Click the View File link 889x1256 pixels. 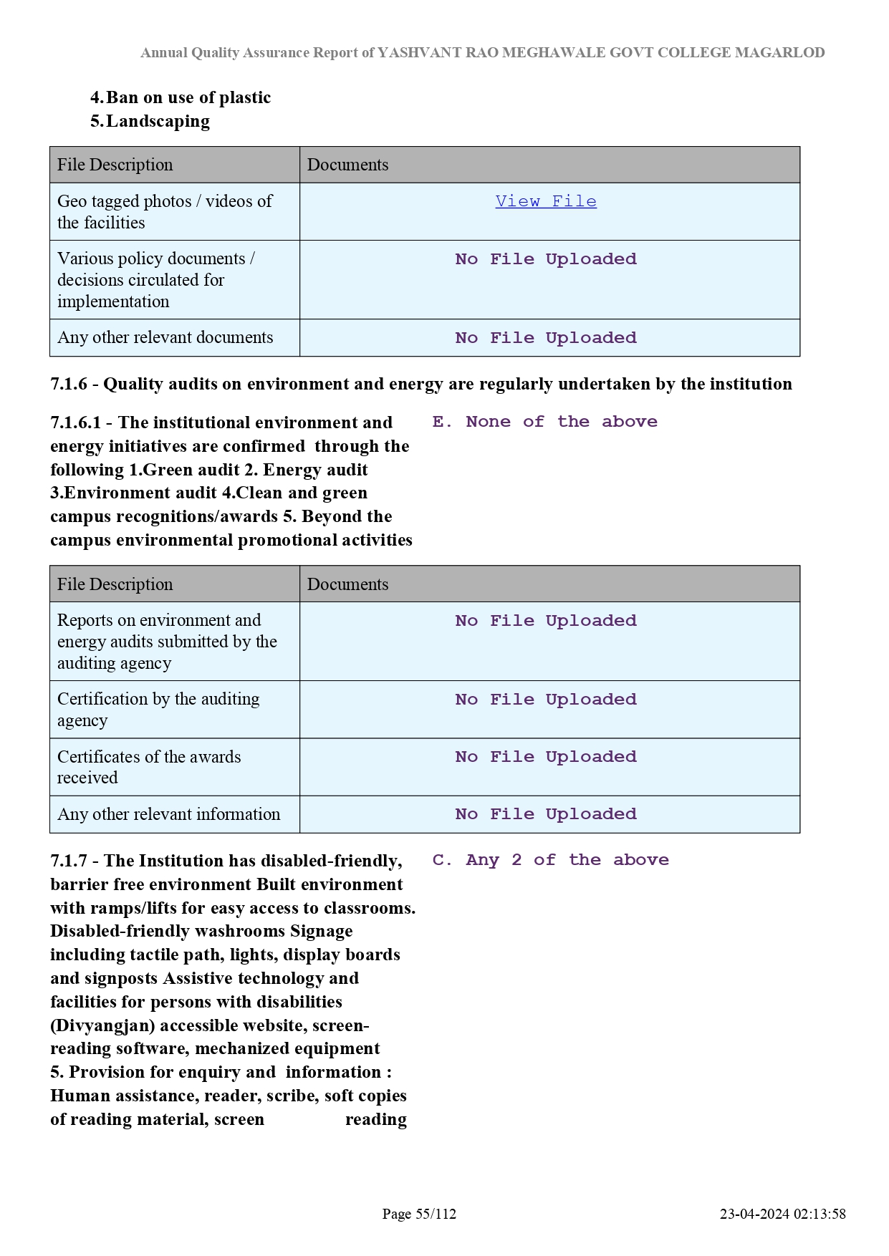coord(545,201)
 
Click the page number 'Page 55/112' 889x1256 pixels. coord(419,1214)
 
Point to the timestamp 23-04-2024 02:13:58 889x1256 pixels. coord(782,1214)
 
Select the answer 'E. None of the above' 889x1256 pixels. coord(544,422)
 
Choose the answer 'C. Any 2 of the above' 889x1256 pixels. coord(550,860)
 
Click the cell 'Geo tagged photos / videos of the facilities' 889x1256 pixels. coord(165,212)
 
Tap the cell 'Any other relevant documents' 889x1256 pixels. coord(165,337)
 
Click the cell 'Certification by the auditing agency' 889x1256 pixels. coord(158,710)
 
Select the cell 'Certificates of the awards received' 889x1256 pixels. coord(149,767)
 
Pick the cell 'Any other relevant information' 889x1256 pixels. coord(168,814)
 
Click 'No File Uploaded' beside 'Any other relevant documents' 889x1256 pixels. coord(545,338)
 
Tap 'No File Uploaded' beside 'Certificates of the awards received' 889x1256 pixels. coord(545,757)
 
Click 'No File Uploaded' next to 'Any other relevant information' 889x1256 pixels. coord(545,814)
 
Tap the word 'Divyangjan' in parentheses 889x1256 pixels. coord(103,1025)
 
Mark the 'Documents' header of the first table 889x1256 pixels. coord(348,165)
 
